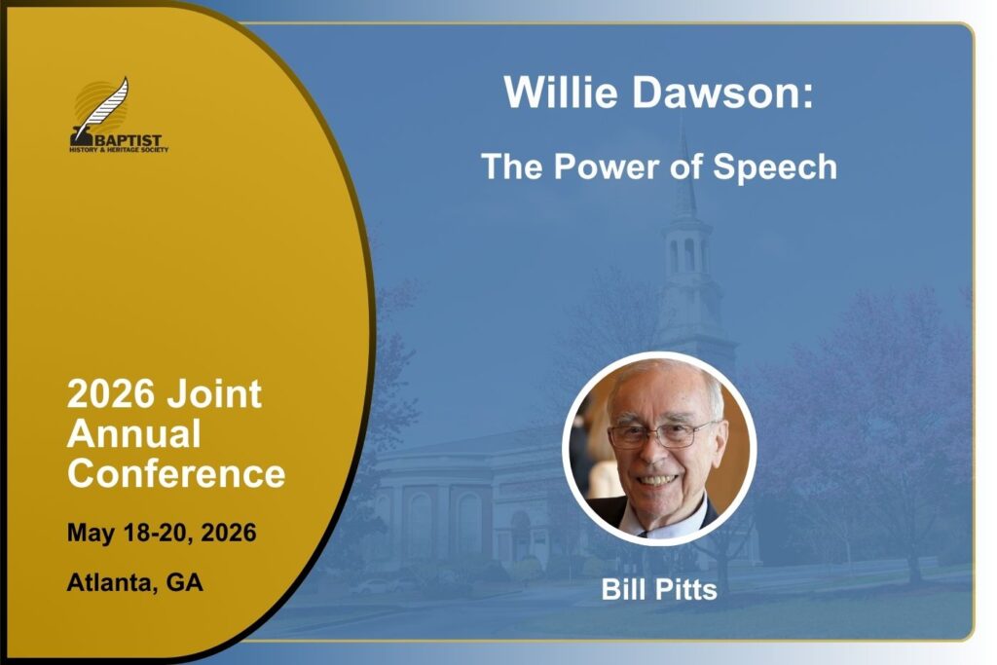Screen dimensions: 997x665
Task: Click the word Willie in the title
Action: pyautogui.click(x=561, y=92)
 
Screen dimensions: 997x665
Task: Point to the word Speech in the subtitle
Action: pyautogui.click(x=775, y=167)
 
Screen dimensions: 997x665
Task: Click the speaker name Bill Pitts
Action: pyautogui.click(x=659, y=589)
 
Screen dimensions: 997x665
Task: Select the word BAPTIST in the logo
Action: pyautogui.click(x=128, y=140)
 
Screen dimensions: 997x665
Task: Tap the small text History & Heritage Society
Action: pyautogui.click(x=119, y=150)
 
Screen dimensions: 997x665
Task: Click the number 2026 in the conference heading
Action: pyautogui.click(x=111, y=393)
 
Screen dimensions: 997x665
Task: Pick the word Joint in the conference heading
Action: pyautogui.click(x=214, y=393)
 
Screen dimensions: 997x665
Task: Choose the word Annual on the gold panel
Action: pyautogui.click(x=134, y=433)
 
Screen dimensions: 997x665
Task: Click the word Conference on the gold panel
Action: pyautogui.click(x=177, y=473)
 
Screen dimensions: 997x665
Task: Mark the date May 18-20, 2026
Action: pyautogui.click(x=162, y=533)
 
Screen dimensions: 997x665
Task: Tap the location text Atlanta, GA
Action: pyautogui.click(x=134, y=582)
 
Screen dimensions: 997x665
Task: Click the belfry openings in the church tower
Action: pyautogui.click(x=687, y=255)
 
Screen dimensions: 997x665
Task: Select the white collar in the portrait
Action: pyautogui.click(x=661, y=520)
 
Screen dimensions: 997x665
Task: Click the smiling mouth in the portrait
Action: pyautogui.click(x=657, y=479)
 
